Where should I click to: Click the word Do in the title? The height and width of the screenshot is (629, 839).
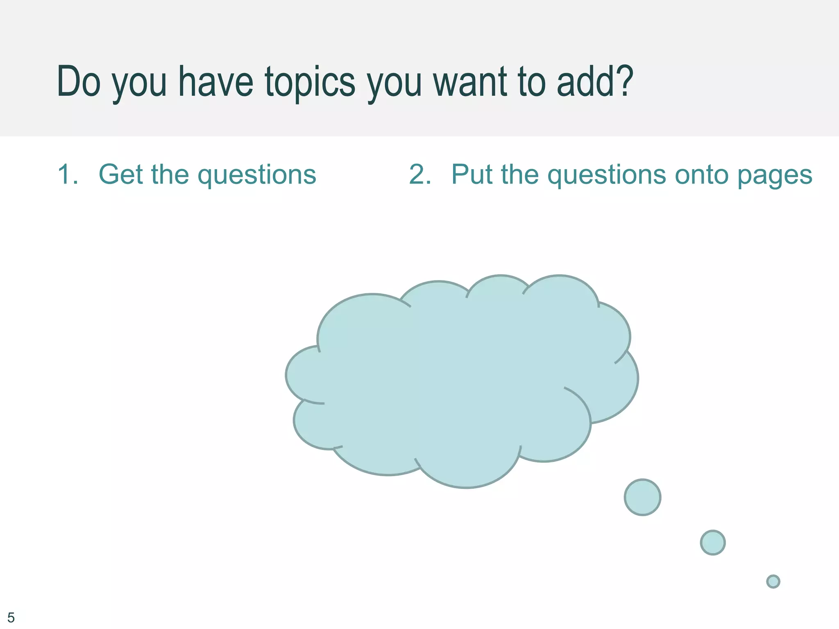coord(79,82)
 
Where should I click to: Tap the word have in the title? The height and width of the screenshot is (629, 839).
coord(215,82)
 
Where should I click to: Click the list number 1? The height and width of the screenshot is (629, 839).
coord(68,174)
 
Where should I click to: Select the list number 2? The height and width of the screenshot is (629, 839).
coord(420,174)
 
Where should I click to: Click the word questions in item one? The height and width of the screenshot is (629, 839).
coord(257,176)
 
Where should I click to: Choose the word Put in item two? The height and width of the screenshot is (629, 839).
coord(471,174)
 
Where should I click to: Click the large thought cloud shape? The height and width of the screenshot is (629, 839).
coord(459,381)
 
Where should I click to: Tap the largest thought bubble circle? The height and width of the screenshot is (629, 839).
coord(642,497)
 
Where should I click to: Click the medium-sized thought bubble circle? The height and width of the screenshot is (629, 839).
coord(713,543)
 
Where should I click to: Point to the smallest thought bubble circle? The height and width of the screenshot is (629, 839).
coord(773,581)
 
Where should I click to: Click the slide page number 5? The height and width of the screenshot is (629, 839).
coord(11,617)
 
